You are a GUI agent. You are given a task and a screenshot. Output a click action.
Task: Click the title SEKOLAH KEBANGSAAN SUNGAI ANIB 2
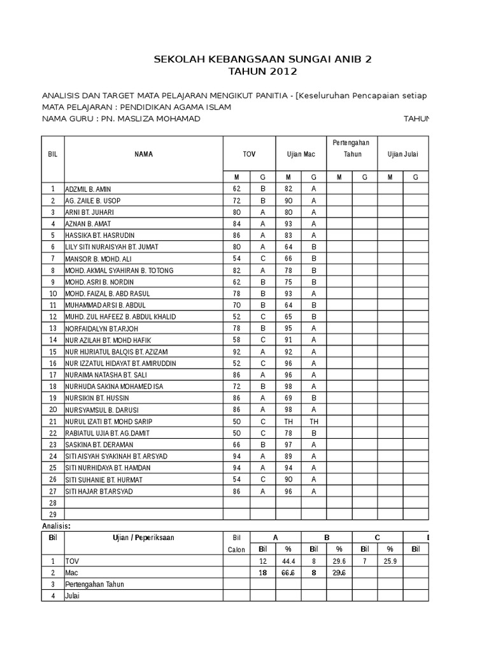(x=262, y=60)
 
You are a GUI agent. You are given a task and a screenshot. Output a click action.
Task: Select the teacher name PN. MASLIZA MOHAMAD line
(x=121, y=119)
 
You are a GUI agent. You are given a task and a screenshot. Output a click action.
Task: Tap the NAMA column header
(x=143, y=154)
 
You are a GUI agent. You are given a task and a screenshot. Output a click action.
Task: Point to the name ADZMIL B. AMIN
(x=92, y=189)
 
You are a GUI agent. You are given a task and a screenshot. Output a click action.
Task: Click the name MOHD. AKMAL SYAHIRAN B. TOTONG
(x=119, y=270)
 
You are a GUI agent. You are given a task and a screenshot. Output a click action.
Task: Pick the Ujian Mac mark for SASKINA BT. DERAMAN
(x=288, y=444)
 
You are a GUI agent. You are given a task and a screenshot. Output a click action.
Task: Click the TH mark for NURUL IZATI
(x=288, y=422)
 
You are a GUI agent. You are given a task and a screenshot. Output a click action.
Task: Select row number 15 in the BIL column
(x=53, y=351)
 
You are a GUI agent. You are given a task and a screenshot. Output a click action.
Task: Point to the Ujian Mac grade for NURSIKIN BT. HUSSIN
(x=313, y=398)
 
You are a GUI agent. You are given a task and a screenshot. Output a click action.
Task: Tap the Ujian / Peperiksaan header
(x=143, y=538)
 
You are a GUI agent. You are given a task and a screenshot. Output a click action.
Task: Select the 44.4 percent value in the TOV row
(x=288, y=561)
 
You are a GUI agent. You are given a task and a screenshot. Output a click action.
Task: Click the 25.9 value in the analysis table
(x=390, y=561)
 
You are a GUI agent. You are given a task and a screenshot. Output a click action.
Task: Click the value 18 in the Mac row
(x=262, y=573)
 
